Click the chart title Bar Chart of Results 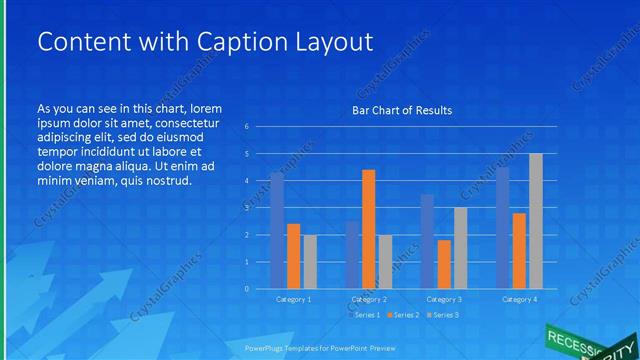tap(402, 110)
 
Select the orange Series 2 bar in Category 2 tap(368, 229)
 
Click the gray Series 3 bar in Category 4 tap(536, 221)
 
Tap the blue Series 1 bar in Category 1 tap(277, 230)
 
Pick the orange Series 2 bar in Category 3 tap(444, 264)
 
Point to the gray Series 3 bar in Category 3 tap(460, 248)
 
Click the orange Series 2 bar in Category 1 tap(293, 256)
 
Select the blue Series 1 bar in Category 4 tap(503, 228)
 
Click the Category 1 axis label tap(293, 299)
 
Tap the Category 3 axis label tap(444, 299)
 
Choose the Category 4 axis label tap(519, 299)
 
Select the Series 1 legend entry tap(364, 315)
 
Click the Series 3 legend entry tap(443, 315)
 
